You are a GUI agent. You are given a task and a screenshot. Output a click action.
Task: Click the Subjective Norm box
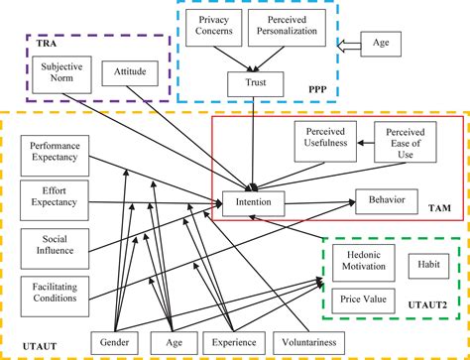pyautogui.click(x=59, y=74)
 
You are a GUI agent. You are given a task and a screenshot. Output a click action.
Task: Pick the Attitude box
pyautogui.click(x=130, y=72)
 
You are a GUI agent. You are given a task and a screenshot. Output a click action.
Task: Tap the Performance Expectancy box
pyautogui.click(x=54, y=152)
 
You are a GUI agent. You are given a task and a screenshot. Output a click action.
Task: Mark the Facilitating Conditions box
pyautogui.click(x=54, y=291)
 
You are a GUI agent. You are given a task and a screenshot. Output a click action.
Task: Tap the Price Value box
pyautogui.click(x=363, y=298)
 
